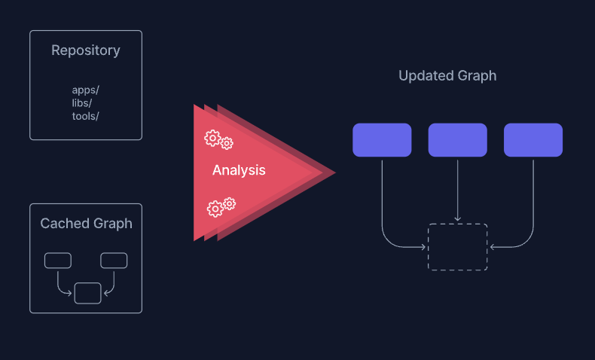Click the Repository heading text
click(x=85, y=50)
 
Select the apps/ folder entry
click(x=85, y=90)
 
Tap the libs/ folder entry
click(x=82, y=102)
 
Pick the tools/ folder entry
click(x=85, y=115)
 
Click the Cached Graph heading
click(x=86, y=224)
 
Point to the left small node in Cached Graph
click(x=58, y=261)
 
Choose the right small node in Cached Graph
click(x=114, y=261)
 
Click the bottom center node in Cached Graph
click(x=87, y=292)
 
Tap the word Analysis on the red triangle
click(x=239, y=170)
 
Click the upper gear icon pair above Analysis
click(x=218, y=139)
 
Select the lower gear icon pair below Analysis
click(x=221, y=206)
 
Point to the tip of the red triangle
click(x=333, y=172)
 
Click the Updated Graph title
click(x=447, y=76)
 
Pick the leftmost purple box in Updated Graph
click(x=382, y=140)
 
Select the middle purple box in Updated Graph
click(x=457, y=140)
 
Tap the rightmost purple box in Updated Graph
click(x=533, y=140)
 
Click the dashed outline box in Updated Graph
click(x=457, y=247)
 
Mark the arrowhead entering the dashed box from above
click(x=457, y=220)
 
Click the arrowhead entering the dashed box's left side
click(x=424, y=246)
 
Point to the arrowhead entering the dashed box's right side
click(x=491, y=246)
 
